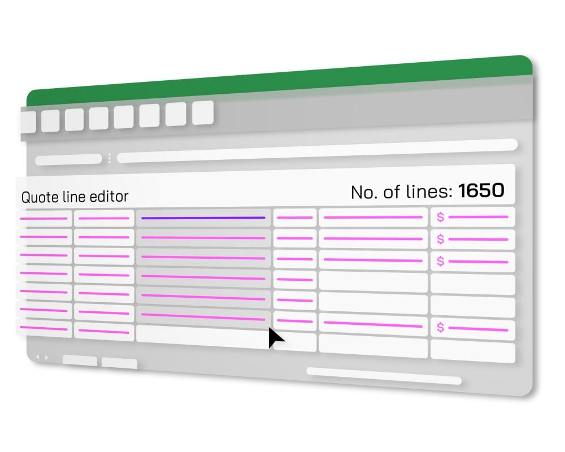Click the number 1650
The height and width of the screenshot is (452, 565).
point(481,191)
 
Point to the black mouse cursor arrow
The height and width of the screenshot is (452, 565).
point(275,338)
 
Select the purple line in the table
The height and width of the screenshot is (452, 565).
point(203,218)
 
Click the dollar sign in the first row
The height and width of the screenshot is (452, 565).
point(441,217)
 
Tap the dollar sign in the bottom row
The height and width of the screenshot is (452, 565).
point(440,328)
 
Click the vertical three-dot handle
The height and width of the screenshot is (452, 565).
point(109,159)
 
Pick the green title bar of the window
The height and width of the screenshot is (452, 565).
point(282,85)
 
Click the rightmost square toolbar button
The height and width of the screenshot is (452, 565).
point(202,112)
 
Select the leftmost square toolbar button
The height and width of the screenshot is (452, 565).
point(28,122)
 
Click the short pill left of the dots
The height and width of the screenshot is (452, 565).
point(68,160)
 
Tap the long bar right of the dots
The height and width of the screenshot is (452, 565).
point(316,151)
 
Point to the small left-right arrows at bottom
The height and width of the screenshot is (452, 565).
point(42,357)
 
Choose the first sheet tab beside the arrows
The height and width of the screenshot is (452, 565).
point(80,360)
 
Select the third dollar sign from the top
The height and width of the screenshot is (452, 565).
point(441,261)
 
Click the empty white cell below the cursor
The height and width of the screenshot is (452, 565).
point(294,342)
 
